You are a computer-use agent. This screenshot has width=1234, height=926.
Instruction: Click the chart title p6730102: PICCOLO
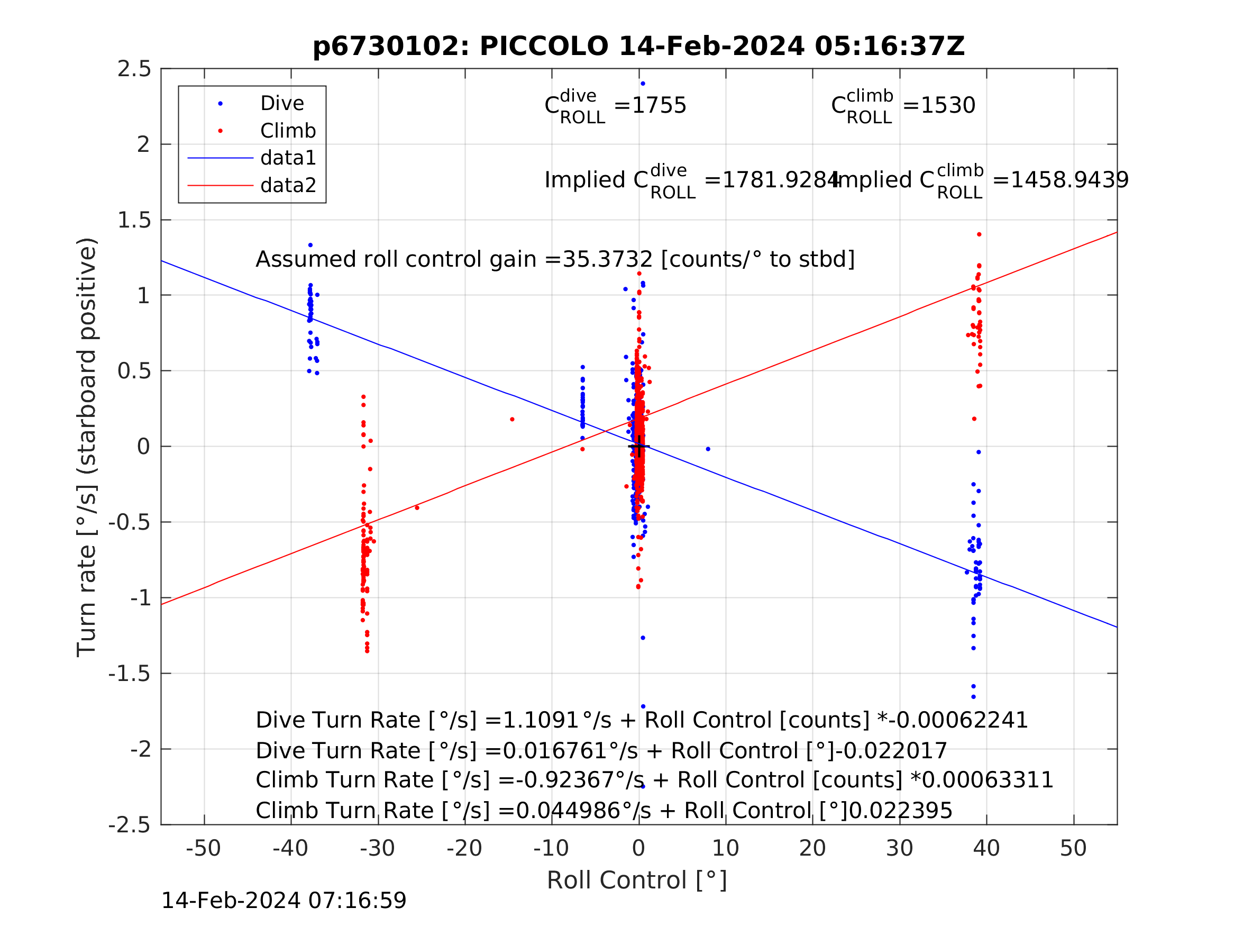tap(638, 47)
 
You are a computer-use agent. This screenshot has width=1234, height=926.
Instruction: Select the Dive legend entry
tap(282, 104)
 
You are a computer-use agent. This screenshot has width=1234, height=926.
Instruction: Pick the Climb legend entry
tap(288, 131)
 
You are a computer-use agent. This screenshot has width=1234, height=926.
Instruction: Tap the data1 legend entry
tap(288, 159)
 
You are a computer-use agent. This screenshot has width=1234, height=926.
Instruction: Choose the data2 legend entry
tap(288, 185)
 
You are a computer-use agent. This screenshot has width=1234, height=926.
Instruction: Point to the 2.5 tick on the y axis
tap(134, 69)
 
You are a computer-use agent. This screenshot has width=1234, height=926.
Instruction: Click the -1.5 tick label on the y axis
tap(130, 674)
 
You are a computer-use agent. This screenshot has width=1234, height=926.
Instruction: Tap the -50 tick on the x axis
tap(204, 849)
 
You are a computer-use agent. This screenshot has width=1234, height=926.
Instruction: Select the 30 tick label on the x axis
tap(899, 849)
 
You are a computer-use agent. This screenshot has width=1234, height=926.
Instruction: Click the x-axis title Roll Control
tap(636, 881)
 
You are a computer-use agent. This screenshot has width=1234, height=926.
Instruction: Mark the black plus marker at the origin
tap(639, 447)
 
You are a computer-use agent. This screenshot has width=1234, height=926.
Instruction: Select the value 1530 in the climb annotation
tap(948, 106)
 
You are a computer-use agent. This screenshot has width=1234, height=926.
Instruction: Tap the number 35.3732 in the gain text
tap(608, 260)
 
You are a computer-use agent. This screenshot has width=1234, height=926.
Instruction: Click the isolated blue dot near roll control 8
tap(708, 449)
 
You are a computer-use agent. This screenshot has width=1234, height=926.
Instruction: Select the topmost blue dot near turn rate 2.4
tap(643, 84)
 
